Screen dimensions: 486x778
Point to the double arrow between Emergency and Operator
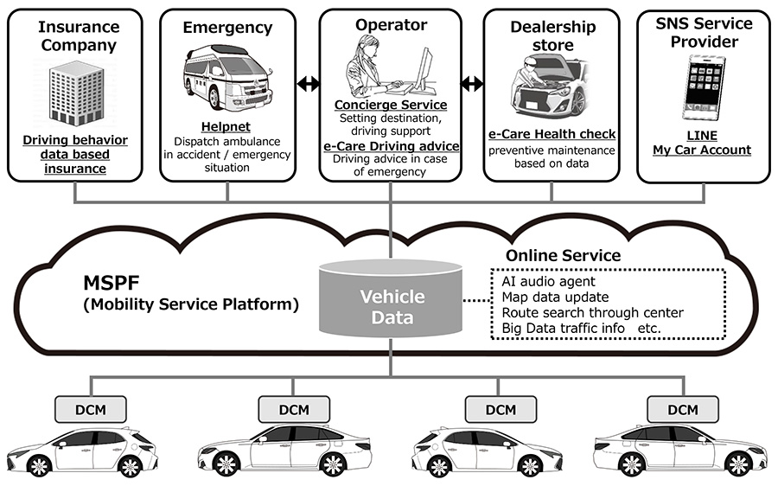(x=307, y=84)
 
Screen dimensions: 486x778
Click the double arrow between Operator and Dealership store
(x=471, y=84)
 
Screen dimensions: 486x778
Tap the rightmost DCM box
(x=683, y=408)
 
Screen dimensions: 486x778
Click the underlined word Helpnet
(x=226, y=127)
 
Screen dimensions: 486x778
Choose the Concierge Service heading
(x=390, y=106)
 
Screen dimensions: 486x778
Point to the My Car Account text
(x=701, y=150)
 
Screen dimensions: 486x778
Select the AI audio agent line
(x=548, y=281)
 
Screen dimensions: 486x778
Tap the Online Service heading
(x=563, y=255)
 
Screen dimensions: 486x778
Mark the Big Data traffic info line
(x=563, y=329)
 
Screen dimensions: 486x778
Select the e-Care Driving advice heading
(x=390, y=146)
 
